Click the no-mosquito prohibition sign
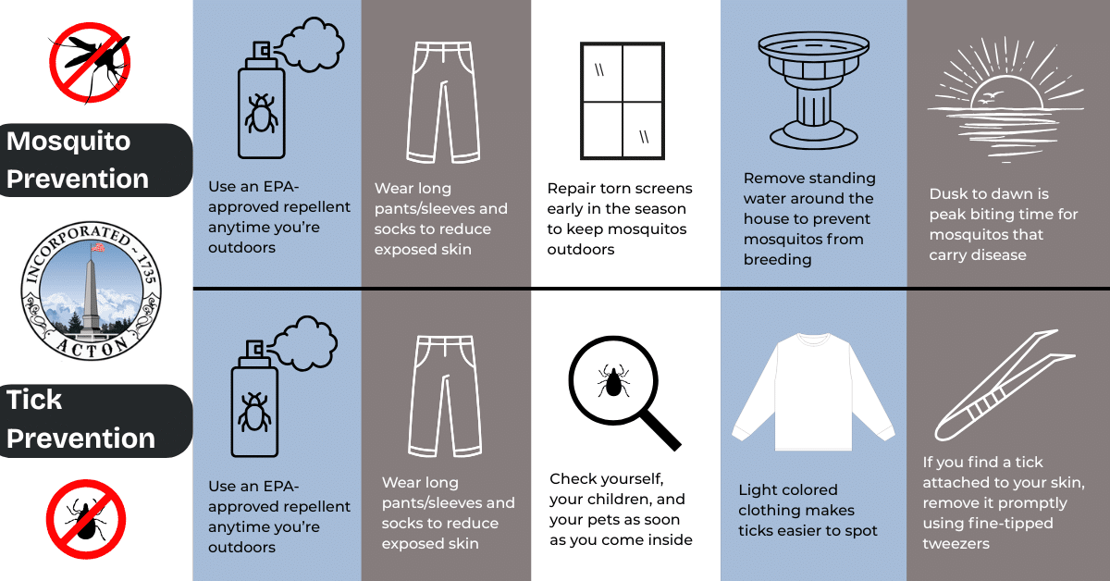click(x=89, y=63)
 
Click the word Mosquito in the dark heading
click(x=68, y=142)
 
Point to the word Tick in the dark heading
click(x=34, y=400)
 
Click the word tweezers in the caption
click(x=956, y=544)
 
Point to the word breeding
click(x=777, y=260)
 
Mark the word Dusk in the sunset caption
click(x=950, y=194)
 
